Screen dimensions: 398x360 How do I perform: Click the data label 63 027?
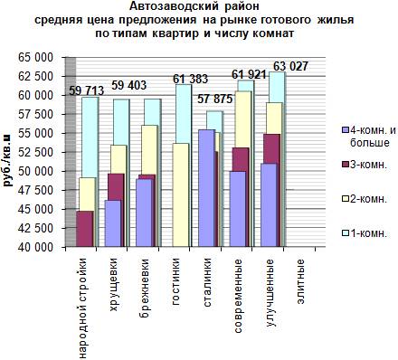(x=290, y=66)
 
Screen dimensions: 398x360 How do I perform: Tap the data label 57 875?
(x=215, y=99)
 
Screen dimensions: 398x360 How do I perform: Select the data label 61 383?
(x=190, y=79)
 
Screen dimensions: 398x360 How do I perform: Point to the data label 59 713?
(x=87, y=90)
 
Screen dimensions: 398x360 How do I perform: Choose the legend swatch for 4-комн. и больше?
(x=345, y=130)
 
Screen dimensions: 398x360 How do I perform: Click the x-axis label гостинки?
(x=176, y=282)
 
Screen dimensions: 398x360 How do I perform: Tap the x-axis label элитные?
(x=300, y=281)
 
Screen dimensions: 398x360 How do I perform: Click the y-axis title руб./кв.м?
(x=7, y=160)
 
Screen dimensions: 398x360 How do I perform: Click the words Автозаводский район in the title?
(x=194, y=5)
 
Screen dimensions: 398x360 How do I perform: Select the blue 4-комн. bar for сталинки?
(x=206, y=188)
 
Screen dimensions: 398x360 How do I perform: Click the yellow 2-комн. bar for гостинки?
(x=180, y=195)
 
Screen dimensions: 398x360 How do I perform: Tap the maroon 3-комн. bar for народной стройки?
(x=85, y=229)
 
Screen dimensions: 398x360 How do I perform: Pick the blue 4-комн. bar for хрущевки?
(x=113, y=223)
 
